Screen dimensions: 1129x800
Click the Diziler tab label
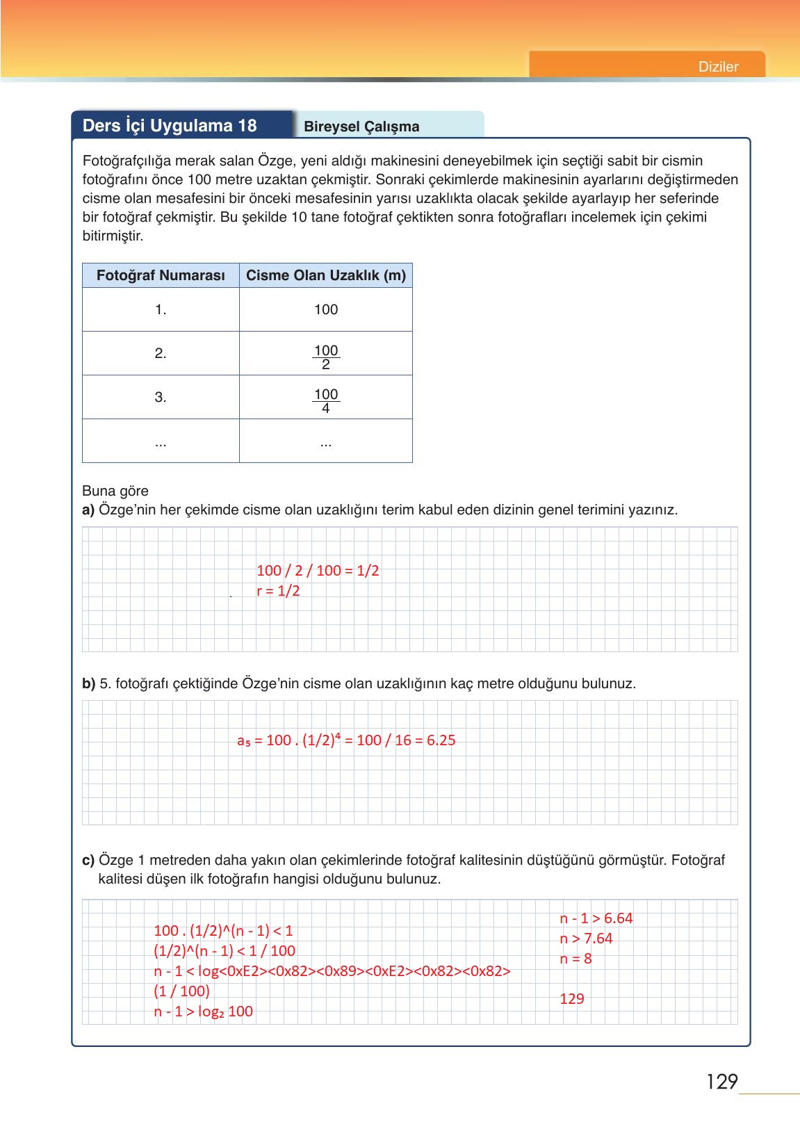tap(718, 67)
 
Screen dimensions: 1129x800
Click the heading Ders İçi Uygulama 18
tap(170, 126)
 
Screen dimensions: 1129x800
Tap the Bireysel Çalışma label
tap(361, 127)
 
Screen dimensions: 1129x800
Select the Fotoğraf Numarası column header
tap(161, 275)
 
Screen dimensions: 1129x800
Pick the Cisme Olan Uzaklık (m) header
tap(326, 275)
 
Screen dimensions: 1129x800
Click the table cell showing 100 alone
tap(326, 310)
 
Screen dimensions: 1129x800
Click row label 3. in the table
tap(161, 398)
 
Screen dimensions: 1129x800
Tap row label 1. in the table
tap(161, 310)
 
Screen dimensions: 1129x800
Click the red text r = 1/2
tap(278, 591)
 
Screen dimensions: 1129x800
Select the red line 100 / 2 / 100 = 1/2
tap(318, 571)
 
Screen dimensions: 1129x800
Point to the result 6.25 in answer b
tap(441, 740)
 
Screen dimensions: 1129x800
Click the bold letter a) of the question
tap(88, 510)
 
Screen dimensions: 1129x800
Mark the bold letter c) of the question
tap(88, 860)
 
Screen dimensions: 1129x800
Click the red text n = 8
tap(575, 959)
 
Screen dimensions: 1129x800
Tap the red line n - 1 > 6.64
tap(596, 918)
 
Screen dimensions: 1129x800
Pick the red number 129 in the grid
tap(572, 999)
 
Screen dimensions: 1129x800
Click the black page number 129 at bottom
tap(721, 1082)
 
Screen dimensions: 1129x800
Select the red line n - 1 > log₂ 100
tap(203, 1012)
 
